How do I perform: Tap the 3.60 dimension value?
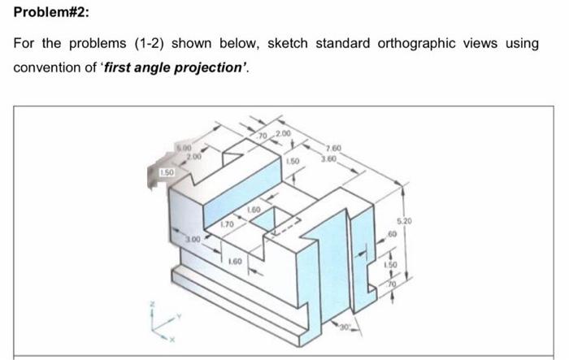tap(331, 156)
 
